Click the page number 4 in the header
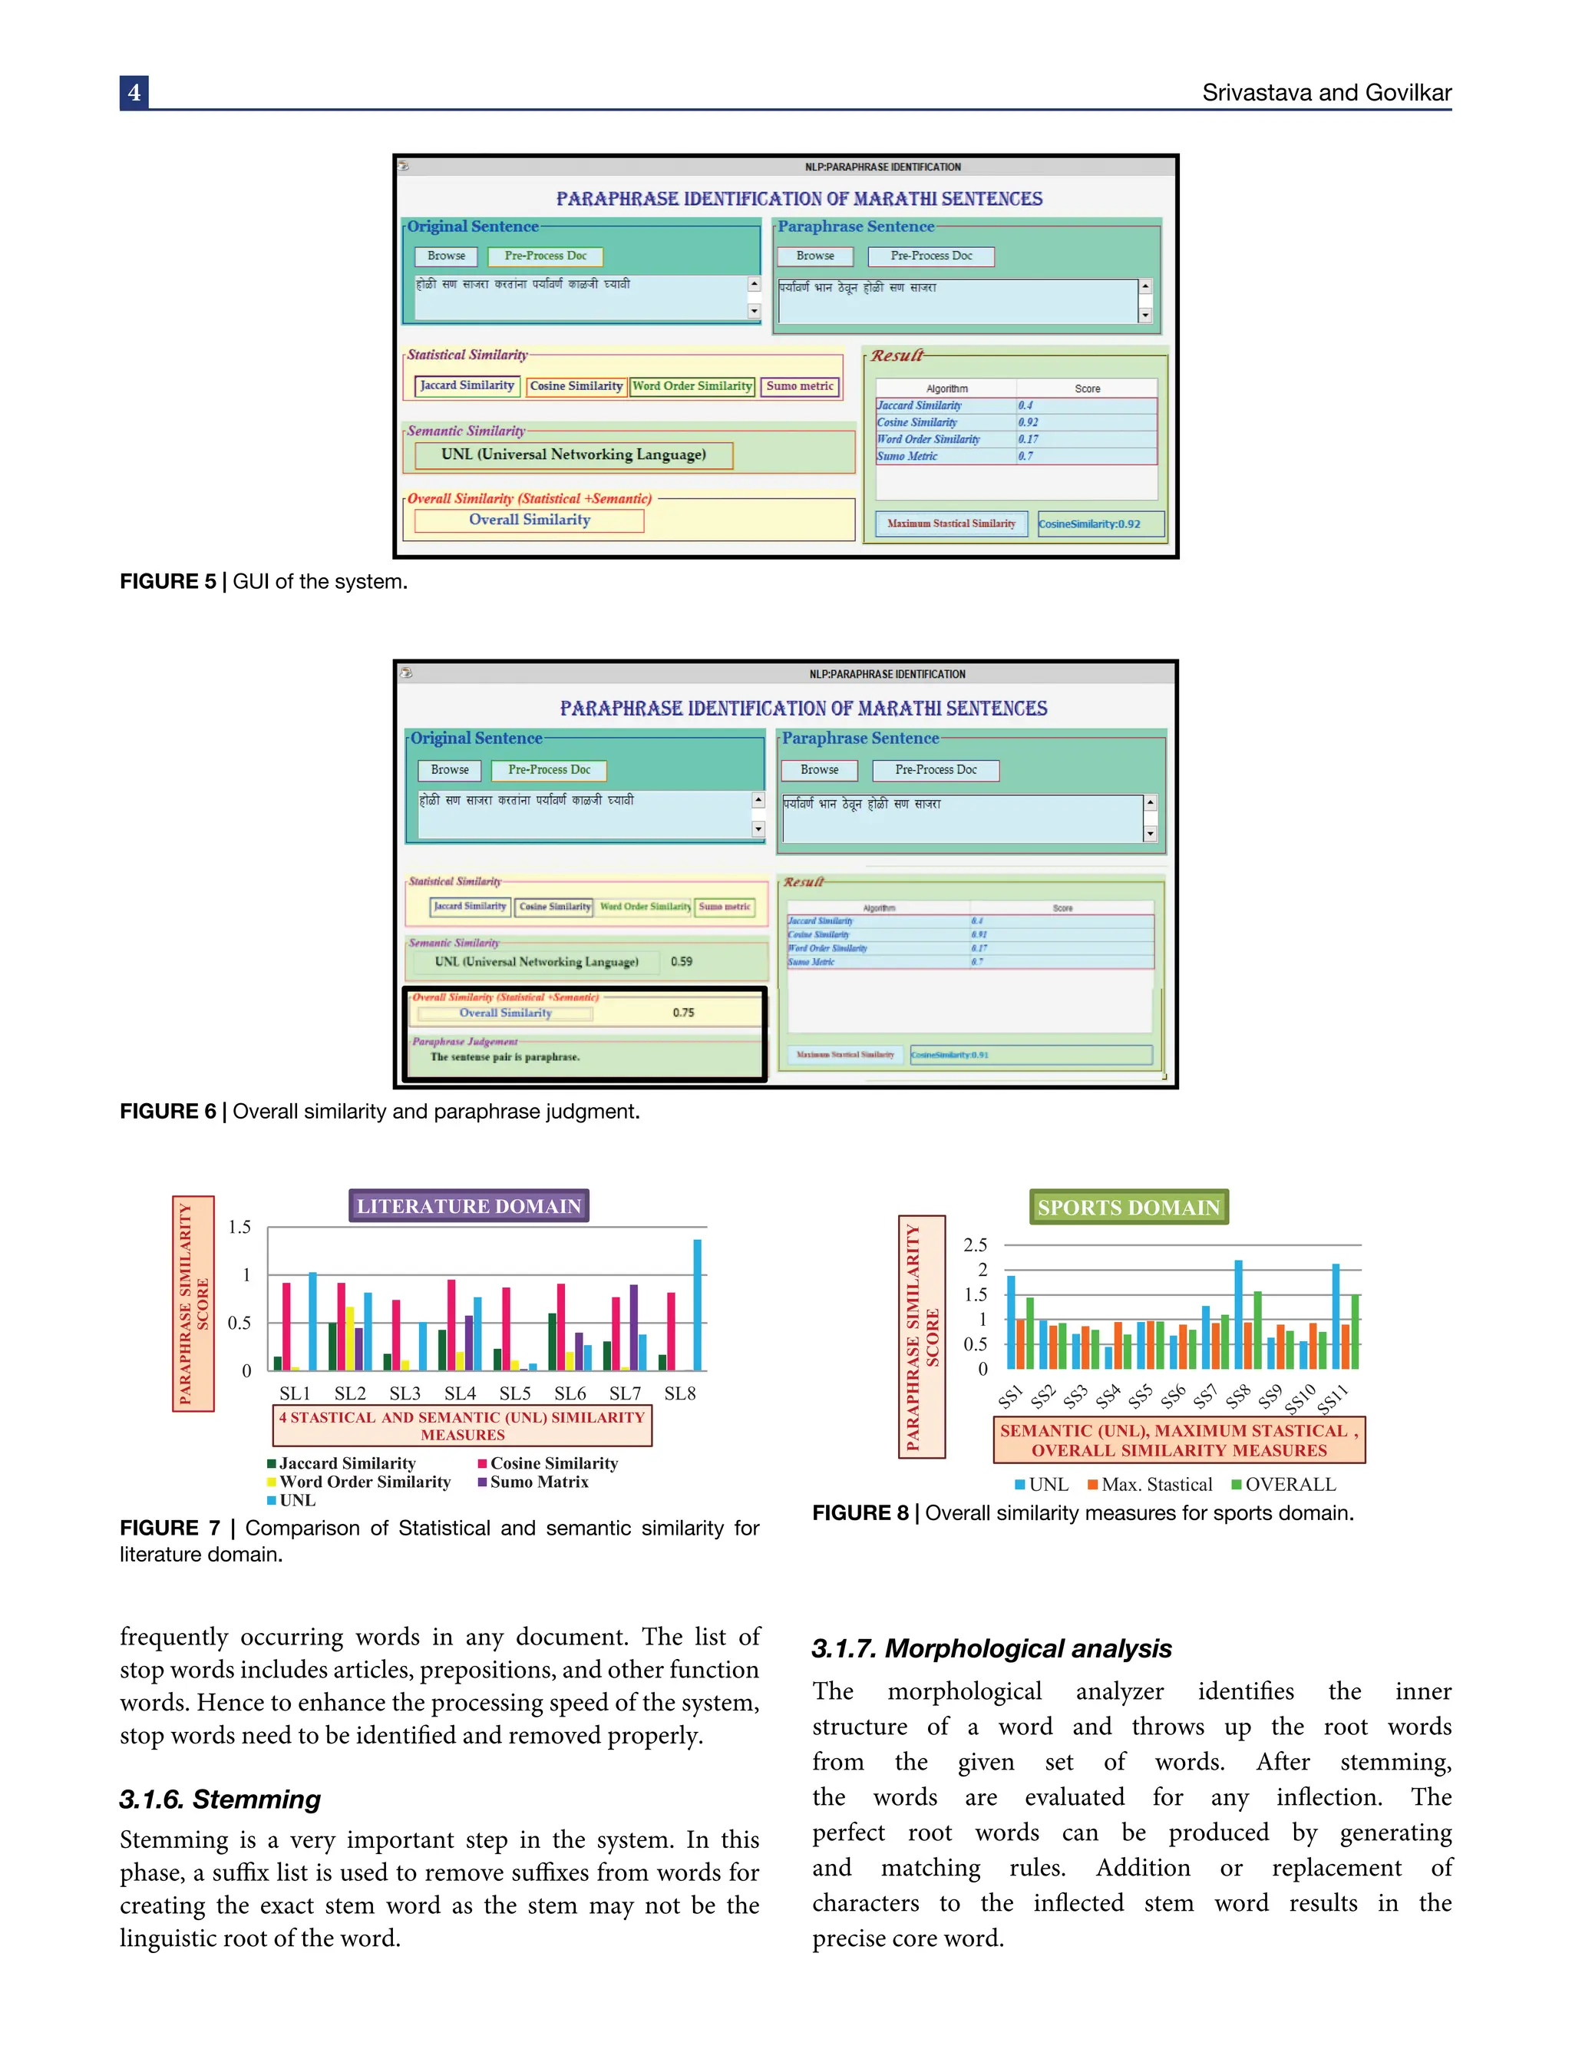point(134,93)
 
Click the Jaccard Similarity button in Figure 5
point(467,385)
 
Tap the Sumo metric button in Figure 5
point(799,385)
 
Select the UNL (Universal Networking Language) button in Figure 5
point(573,454)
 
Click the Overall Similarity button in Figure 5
point(530,521)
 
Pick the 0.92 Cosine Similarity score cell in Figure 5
point(1029,422)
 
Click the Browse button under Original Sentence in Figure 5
point(446,256)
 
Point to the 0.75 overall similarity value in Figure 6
point(683,1013)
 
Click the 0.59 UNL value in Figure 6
point(681,961)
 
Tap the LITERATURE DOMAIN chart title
point(469,1205)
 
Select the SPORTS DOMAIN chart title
point(1128,1208)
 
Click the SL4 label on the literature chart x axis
point(460,1393)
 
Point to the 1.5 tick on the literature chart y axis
point(239,1227)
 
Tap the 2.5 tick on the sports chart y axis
point(975,1244)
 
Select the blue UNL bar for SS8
point(1239,1315)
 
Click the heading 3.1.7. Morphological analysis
point(991,1648)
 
